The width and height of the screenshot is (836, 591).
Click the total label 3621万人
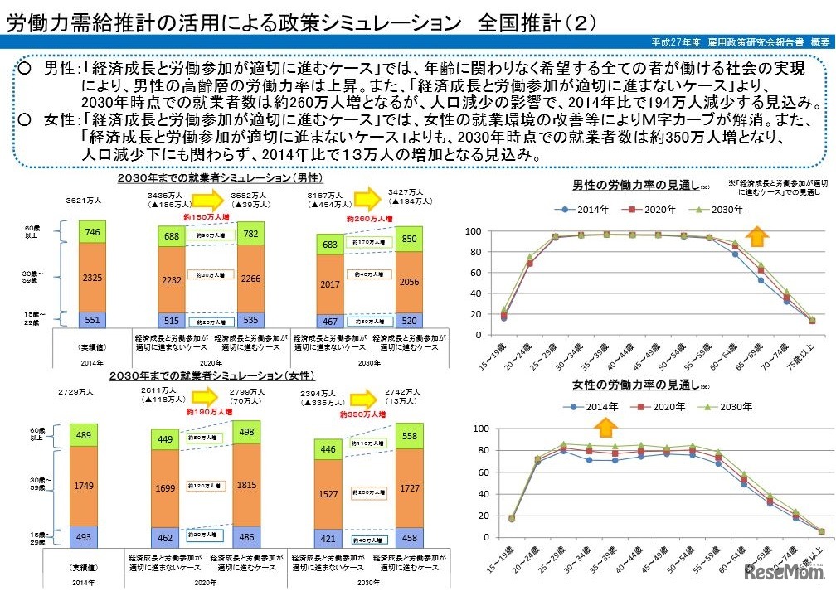pyautogui.click(x=84, y=201)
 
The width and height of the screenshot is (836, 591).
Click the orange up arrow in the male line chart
pyautogui.click(x=756, y=236)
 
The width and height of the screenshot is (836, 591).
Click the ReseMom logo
pyautogui.click(x=785, y=574)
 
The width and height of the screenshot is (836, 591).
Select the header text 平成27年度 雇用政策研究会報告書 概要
pyautogui.click(x=741, y=41)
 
